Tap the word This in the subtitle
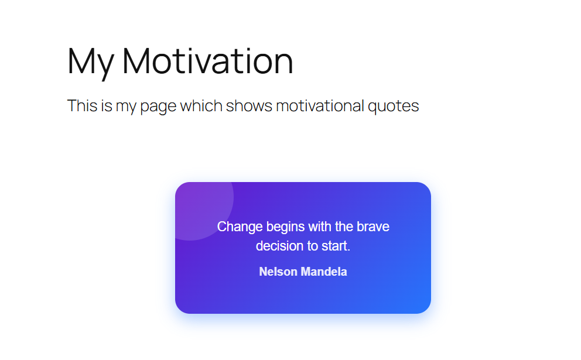tap(80, 106)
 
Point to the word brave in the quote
tap(373, 227)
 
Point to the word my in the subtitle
tap(124, 107)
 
